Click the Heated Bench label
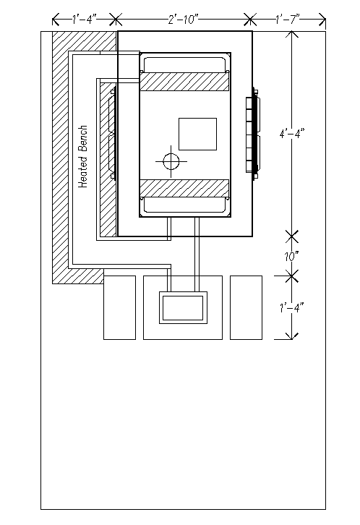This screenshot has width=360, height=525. click(x=82, y=156)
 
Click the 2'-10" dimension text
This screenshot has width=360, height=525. click(x=183, y=20)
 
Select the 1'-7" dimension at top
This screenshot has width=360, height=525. click(x=288, y=20)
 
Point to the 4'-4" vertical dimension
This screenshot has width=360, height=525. click(x=292, y=134)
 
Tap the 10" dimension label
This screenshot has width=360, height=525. click(x=291, y=257)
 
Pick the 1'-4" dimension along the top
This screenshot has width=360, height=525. click(x=85, y=20)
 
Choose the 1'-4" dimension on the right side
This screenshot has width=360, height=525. click(x=292, y=307)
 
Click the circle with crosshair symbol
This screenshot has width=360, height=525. click(x=171, y=162)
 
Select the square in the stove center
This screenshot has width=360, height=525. click(x=198, y=134)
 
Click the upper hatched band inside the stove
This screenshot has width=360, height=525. click(x=184, y=82)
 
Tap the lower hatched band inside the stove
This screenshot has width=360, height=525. click(x=184, y=188)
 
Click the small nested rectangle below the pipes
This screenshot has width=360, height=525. click(x=183, y=308)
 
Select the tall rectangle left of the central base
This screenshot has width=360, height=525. click(x=119, y=308)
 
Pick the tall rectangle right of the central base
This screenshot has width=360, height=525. click(x=247, y=308)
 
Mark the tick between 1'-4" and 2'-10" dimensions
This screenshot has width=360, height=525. click(x=116, y=20)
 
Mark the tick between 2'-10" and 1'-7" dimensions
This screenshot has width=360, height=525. click(x=250, y=20)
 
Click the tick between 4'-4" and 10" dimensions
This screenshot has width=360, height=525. click(x=292, y=236)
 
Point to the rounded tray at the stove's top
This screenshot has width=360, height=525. click(x=184, y=64)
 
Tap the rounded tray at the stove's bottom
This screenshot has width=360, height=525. click(x=184, y=205)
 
